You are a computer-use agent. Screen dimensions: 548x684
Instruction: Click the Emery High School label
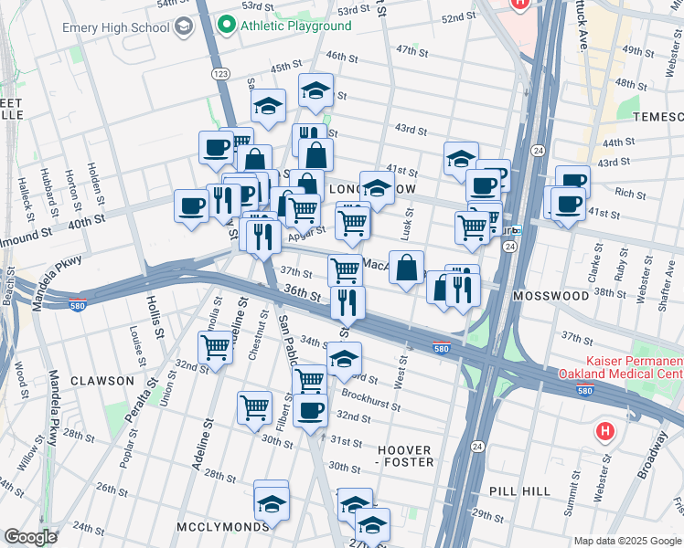tap(116, 27)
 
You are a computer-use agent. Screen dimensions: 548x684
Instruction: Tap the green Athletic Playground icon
tap(228, 25)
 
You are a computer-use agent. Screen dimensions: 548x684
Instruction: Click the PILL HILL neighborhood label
tap(519, 491)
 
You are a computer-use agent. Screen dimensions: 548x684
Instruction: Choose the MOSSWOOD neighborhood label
tap(550, 297)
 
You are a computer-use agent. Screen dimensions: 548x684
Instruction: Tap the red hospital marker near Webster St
tap(604, 430)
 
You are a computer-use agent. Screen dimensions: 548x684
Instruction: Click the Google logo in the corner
tap(30, 536)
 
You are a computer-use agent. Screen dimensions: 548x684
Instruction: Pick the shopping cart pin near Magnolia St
tap(215, 347)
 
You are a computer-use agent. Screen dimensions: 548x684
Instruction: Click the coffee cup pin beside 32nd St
tap(311, 410)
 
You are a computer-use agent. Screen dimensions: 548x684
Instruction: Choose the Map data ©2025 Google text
tap(626, 541)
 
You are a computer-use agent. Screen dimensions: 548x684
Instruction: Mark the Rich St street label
tap(630, 194)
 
